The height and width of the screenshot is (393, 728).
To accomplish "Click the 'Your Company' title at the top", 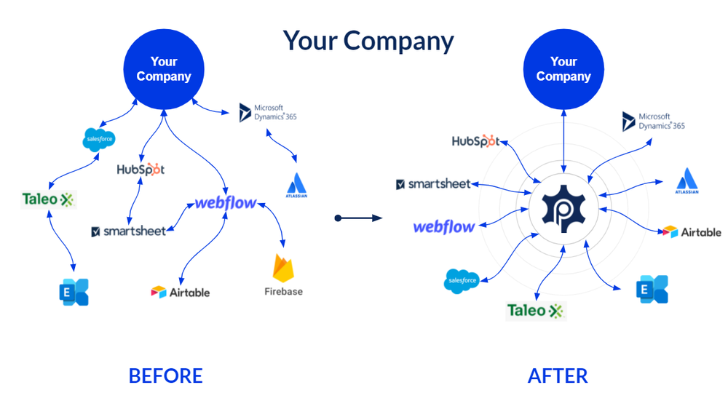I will pyautogui.click(x=368, y=40).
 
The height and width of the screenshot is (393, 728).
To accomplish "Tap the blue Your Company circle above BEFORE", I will pyautogui.click(x=164, y=69).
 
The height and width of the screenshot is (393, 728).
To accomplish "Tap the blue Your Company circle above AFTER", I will pyautogui.click(x=563, y=69).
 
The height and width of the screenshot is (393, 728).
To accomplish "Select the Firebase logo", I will pyautogui.click(x=283, y=276).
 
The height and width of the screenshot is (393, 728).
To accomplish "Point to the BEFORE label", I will pyautogui.click(x=165, y=376).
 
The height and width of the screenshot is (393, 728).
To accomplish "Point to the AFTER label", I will pyautogui.click(x=557, y=376).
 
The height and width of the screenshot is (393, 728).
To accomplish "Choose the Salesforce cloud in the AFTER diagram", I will pyautogui.click(x=461, y=280).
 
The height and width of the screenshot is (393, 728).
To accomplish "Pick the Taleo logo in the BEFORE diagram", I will pyautogui.click(x=48, y=199).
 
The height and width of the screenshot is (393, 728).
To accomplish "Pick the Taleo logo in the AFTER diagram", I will pyautogui.click(x=535, y=311).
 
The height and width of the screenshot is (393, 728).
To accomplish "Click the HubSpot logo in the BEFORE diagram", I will pyautogui.click(x=141, y=170).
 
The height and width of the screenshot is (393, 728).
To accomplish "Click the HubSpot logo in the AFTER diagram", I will pyautogui.click(x=475, y=141).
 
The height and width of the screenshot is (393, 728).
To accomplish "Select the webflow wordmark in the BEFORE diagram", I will pyautogui.click(x=225, y=203).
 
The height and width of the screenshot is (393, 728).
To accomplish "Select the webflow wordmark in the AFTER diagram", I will pyautogui.click(x=444, y=226).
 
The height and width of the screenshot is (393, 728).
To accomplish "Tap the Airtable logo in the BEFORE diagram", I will pyautogui.click(x=180, y=292).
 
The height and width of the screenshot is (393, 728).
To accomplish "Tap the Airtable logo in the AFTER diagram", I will pyautogui.click(x=692, y=232).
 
